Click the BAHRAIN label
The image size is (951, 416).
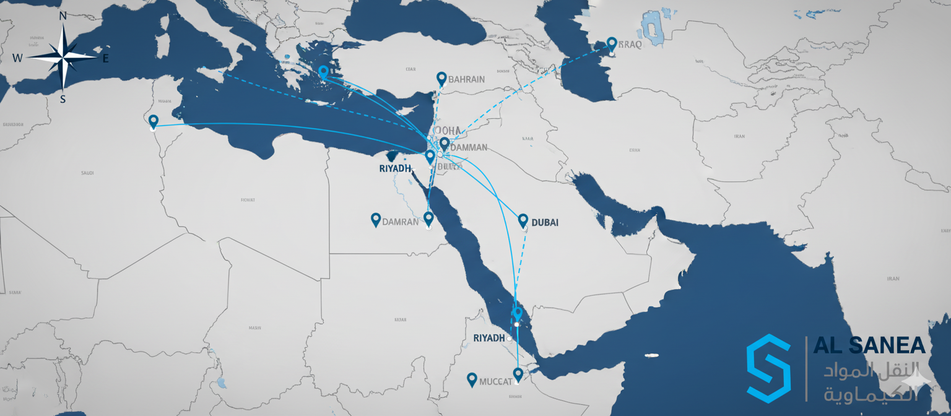point(466,80)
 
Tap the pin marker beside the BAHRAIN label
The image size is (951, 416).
point(441,79)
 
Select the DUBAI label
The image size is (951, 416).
point(545,222)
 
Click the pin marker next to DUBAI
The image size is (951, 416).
point(523,220)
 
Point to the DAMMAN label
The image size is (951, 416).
point(469,148)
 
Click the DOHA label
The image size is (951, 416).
point(448,131)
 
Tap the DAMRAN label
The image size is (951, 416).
point(401,222)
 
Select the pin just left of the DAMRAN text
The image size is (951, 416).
point(375,219)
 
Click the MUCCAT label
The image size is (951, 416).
point(496,381)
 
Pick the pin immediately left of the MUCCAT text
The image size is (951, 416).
point(472,379)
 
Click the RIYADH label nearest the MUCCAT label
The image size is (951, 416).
point(489,338)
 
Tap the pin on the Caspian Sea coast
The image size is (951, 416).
point(612,43)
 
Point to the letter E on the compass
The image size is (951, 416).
point(105,59)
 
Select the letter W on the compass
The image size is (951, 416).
point(17,58)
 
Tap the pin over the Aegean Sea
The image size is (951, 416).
point(323,72)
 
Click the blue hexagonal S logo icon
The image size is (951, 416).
point(768,369)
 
